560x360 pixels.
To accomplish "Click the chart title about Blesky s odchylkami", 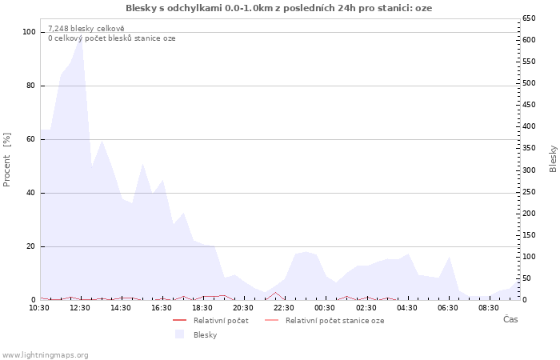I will [279, 8].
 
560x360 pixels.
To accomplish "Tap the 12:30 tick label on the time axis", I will [80, 307].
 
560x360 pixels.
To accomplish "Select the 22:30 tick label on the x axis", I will [284, 307].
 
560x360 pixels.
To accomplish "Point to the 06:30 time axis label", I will [448, 307].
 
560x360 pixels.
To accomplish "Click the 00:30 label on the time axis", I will [325, 307].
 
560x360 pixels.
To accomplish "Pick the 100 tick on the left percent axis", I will [30, 32].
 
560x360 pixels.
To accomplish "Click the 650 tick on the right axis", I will [529, 18].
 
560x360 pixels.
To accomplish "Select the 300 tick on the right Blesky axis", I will [529, 170].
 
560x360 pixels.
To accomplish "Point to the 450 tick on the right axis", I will [529, 105].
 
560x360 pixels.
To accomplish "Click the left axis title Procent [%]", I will [7, 160].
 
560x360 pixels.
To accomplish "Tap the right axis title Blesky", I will [553, 158].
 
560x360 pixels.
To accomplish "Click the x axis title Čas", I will [510, 320].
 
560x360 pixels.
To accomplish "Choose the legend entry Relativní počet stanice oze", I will [334, 320].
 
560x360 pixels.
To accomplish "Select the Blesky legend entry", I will [205, 334].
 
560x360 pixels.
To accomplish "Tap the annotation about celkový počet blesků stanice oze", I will [111, 38].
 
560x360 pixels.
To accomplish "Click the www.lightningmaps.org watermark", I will [45, 354].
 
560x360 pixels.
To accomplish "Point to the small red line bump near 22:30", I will [275, 293].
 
